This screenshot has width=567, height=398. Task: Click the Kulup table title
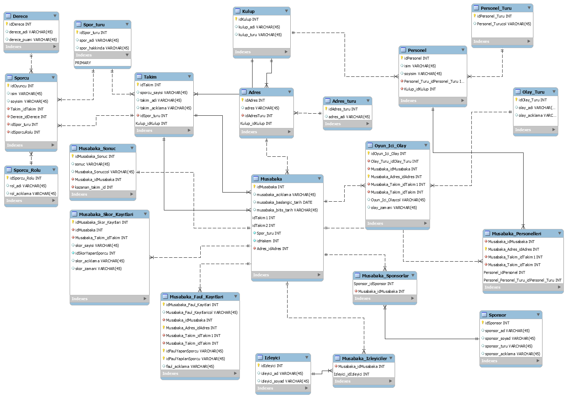[x=248, y=11]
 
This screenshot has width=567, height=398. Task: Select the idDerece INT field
[x=20, y=24]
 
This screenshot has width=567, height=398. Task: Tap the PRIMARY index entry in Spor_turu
[x=83, y=63]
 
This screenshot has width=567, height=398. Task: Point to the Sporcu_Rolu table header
[x=27, y=170]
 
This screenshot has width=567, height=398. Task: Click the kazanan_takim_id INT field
[x=94, y=187]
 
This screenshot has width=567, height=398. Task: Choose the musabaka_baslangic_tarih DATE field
[x=284, y=202]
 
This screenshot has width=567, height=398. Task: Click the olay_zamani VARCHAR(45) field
[x=394, y=208]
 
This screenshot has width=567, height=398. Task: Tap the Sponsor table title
[x=497, y=315]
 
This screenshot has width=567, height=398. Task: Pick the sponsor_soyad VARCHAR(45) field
[x=510, y=338]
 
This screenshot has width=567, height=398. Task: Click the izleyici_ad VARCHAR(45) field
[x=282, y=373]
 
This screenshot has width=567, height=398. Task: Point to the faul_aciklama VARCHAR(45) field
[x=190, y=366]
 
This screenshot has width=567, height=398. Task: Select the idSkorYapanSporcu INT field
[x=95, y=253]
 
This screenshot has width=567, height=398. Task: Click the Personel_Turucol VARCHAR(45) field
[x=504, y=24]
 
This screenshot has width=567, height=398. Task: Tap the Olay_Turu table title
[x=533, y=92]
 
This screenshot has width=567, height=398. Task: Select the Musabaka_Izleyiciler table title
[x=364, y=358]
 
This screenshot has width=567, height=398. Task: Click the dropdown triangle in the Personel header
[x=463, y=50]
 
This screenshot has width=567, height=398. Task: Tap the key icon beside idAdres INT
[x=242, y=100]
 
